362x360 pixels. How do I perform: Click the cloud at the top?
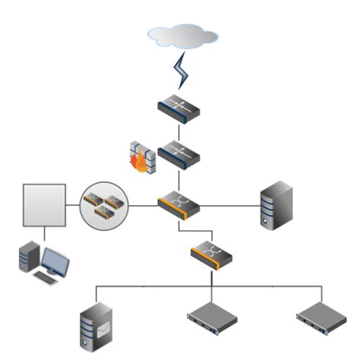coord(183,36)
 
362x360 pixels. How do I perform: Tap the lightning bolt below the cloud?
coord(182,72)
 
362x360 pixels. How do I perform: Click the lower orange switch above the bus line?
coord(211,253)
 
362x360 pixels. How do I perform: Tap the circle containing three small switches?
coord(105,204)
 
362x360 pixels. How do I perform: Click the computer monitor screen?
coord(57,260)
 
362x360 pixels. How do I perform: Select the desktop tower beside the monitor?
coord(28,258)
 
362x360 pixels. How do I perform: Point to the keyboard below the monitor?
coord(47,279)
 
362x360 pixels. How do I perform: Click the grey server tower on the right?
coord(276,204)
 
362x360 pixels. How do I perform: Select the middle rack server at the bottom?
coord(211,320)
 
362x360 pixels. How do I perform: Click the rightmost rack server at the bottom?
coord(321,320)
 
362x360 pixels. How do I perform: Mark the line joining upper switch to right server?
coord(229,204)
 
